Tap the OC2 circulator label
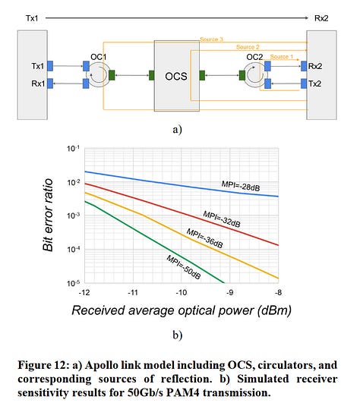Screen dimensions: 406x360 click(x=254, y=55)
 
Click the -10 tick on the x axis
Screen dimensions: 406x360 click(x=182, y=291)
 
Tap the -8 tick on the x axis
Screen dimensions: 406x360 click(x=279, y=291)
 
